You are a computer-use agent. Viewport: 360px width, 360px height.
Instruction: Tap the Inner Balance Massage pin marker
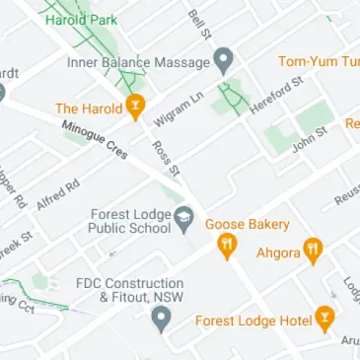pos(224,61)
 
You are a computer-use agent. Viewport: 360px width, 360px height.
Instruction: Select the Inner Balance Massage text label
pos(138,61)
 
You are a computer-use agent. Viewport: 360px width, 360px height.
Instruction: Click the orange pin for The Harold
pos(135,107)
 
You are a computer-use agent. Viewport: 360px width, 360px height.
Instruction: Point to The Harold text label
pos(88,108)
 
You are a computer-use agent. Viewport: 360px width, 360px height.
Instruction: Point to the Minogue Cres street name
pos(95,141)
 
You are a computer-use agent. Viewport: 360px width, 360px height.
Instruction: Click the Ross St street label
pos(166,157)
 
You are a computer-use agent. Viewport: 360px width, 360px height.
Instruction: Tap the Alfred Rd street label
pos(57,193)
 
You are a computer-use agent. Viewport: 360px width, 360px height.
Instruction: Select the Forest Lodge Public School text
pos(130,223)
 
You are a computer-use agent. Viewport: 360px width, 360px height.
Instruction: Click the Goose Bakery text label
pos(248,224)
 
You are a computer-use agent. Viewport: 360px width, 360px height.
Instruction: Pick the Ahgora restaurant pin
pos(313,251)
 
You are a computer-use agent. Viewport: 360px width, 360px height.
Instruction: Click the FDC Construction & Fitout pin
pos(161,318)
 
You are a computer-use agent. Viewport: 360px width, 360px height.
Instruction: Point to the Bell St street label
pos(200,26)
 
